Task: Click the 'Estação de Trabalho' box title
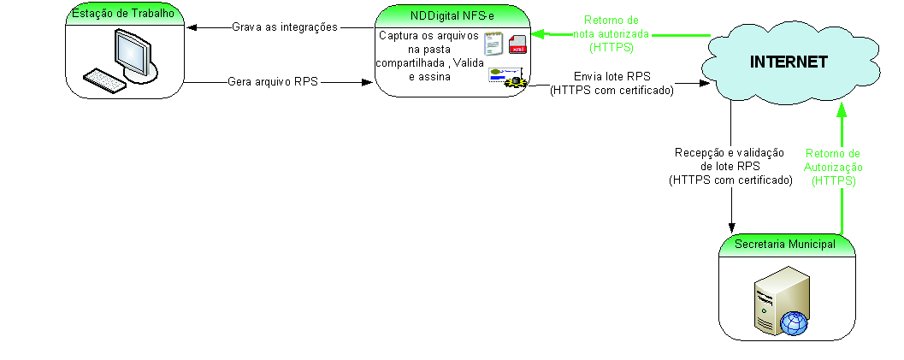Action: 127,13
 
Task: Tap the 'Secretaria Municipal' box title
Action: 785,245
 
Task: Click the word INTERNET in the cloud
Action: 788,62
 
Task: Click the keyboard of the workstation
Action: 105,80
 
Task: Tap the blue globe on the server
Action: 793,323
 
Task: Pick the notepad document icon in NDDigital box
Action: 493,44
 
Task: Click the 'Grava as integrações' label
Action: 285,27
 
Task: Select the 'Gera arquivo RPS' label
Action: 273,83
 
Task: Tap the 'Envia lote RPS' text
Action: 612,76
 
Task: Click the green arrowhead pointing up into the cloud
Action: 842,109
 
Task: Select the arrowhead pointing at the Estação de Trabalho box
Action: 192,27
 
